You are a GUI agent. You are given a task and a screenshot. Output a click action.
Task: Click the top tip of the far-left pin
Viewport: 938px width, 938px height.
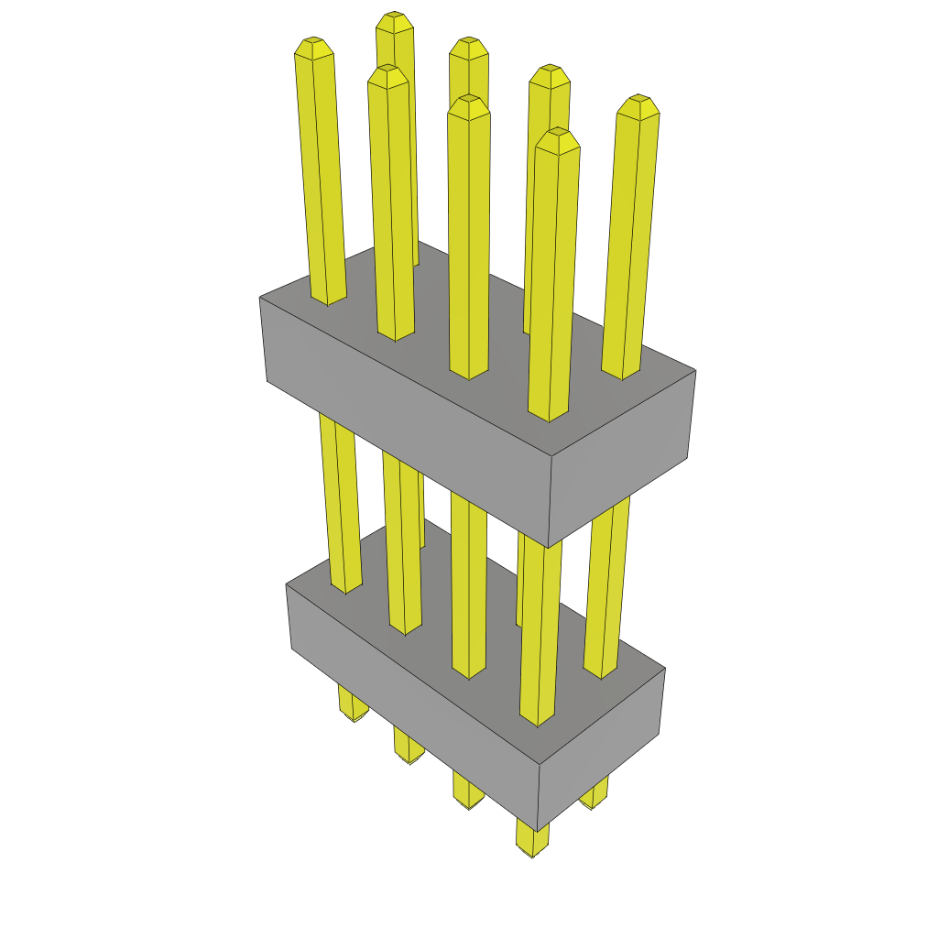tap(312, 43)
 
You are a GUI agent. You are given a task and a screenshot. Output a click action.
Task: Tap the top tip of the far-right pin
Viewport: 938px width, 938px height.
tap(638, 100)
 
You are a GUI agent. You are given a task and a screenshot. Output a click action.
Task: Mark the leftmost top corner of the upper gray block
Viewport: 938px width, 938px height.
tap(260, 298)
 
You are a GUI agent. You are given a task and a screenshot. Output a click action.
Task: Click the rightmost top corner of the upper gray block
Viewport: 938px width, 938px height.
tap(695, 371)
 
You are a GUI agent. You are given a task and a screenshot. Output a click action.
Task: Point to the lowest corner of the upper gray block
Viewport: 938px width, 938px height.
tap(548, 547)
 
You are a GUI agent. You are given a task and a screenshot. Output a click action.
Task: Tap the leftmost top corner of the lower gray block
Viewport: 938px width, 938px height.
tap(287, 584)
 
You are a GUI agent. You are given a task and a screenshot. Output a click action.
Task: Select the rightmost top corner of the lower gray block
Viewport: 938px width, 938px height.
tap(665, 669)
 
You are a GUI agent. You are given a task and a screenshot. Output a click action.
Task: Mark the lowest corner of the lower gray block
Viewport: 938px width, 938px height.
tap(537, 831)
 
